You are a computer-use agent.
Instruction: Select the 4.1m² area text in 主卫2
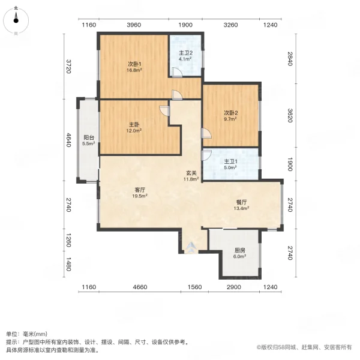[x=185, y=59]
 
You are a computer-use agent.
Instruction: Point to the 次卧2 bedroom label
[x=232, y=113]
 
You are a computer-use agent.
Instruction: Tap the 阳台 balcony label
[x=88, y=137]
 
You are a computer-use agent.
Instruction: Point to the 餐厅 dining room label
[x=241, y=202]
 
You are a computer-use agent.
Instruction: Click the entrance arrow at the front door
[x=191, y=246]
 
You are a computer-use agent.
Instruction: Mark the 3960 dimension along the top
[x=133, y=25]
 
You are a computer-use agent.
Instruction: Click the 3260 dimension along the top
[x=230, y=25]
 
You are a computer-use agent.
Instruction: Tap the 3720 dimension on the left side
[x=69, y=66]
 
